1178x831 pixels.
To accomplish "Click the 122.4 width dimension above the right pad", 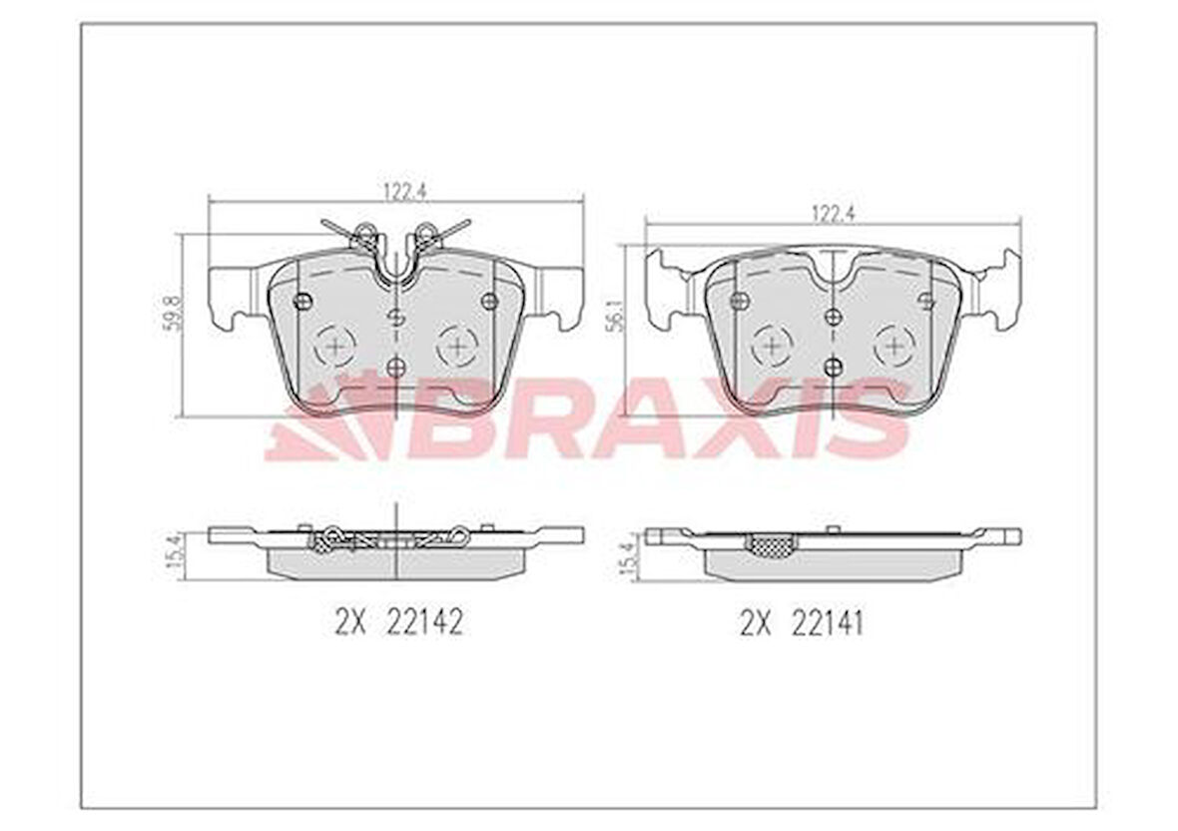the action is point(833,214).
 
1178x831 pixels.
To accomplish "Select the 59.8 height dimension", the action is point(172,313).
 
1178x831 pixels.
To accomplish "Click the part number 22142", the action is point(423,622).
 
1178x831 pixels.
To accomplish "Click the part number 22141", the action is point(828,623).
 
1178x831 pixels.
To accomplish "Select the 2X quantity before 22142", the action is point(350,622).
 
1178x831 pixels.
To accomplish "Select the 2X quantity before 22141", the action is point(757,623).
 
